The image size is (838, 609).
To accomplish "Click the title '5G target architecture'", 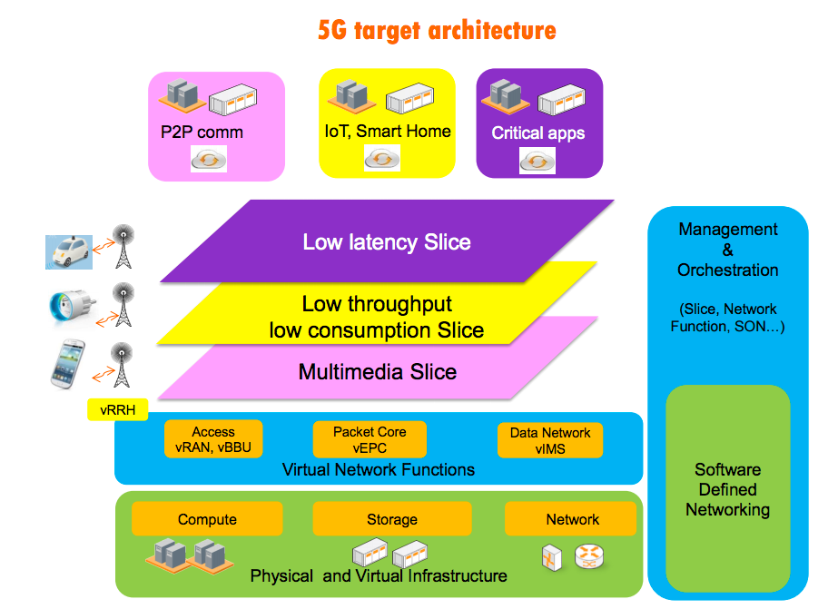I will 437,31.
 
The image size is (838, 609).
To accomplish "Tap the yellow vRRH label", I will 118,410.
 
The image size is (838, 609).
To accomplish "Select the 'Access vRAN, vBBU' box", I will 212,439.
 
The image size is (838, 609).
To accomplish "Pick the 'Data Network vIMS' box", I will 549,440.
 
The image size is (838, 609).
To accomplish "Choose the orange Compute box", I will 207,519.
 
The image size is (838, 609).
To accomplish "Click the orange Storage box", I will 391,519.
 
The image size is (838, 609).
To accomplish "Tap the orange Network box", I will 572,519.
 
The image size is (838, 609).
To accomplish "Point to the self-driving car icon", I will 69,250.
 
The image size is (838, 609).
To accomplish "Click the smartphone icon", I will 67,362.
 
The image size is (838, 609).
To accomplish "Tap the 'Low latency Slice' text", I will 387,242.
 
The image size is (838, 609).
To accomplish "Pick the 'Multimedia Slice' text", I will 378,371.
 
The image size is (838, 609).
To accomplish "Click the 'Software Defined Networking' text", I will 727,489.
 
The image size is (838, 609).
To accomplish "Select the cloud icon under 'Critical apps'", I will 537,161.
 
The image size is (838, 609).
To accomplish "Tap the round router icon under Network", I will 588,556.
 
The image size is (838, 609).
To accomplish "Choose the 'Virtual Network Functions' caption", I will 378,469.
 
